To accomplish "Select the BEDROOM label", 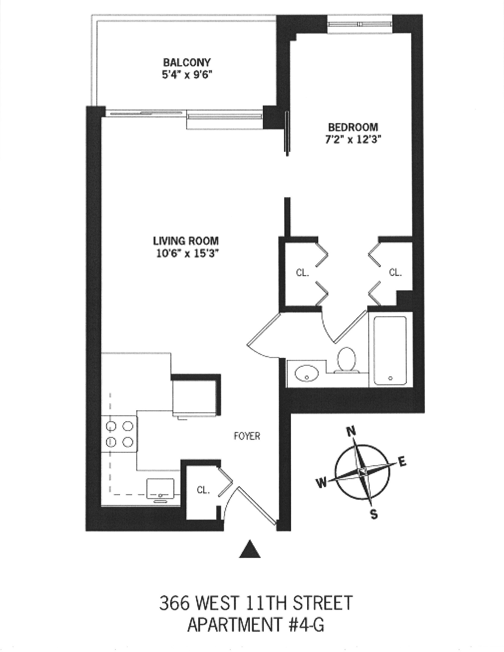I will [353, 127].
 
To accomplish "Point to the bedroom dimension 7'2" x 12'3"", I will [352, 140].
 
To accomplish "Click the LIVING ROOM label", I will [186, 241].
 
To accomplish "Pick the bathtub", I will [390, 350].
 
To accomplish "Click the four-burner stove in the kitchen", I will [119, 434].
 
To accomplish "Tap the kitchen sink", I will [160, 489].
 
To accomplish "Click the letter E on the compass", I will [402, 462].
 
